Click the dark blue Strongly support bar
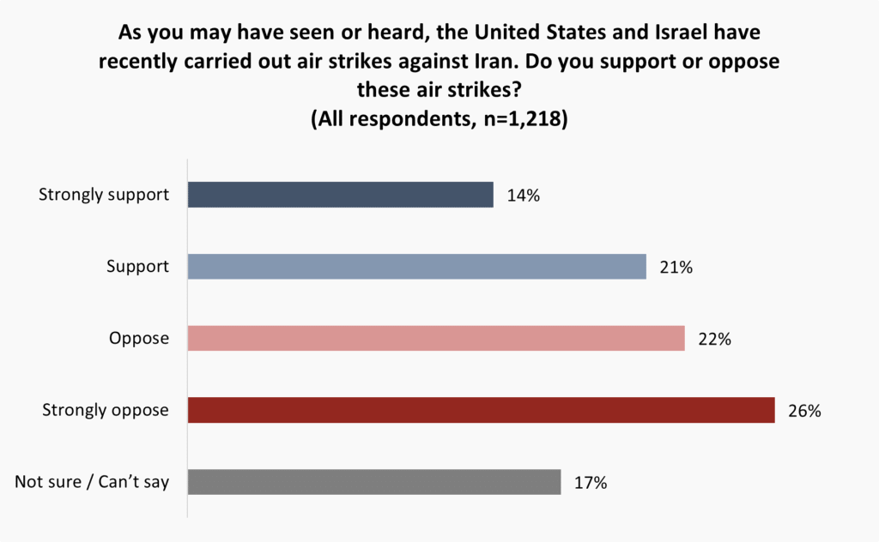pos(340,195)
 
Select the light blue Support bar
pos(416,267)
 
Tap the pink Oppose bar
pos(435,338)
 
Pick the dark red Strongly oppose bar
pos(481,410)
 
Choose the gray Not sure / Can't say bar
pos(373,482)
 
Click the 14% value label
pos(522,196)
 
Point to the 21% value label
pos(675,268)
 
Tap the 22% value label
pos(713,339)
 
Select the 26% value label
pos(803,411)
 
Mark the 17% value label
pos(590,483)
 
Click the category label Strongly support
pos(104,195)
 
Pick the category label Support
pos(137,267)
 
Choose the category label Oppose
pos(139,339)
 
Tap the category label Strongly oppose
pos(106,411)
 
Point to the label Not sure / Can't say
pos(92,482)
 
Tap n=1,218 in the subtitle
pos(516,119)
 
